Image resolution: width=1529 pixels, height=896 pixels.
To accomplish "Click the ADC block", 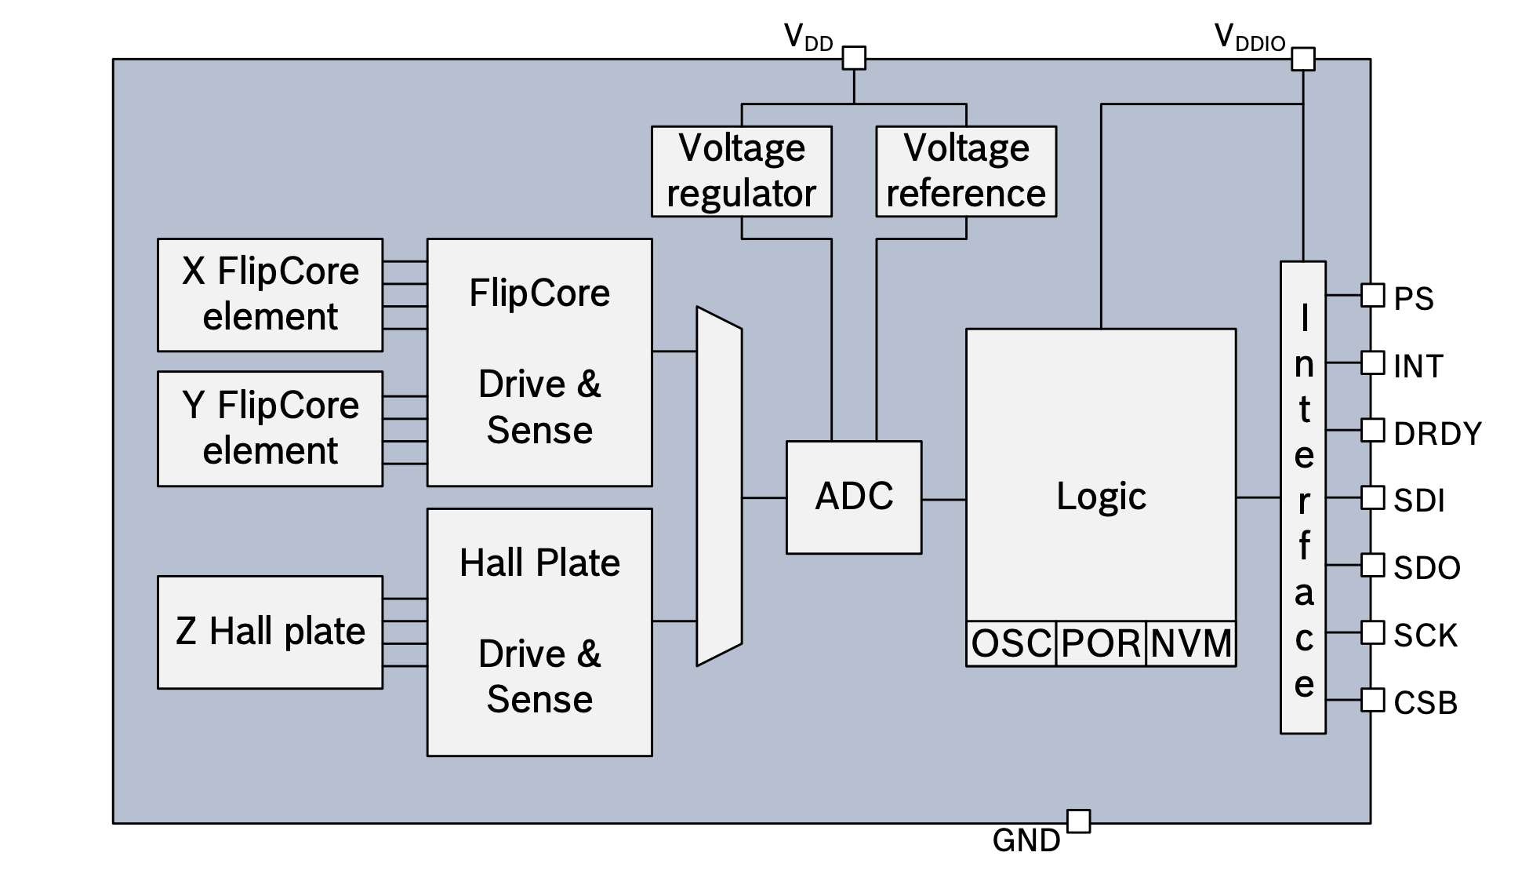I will click(854, 497).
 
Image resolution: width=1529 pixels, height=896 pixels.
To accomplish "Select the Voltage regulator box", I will click(742, 171).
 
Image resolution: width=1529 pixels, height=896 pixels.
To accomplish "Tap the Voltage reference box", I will click(966, 171).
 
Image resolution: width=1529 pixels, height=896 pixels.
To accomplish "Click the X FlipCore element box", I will click(271, 294).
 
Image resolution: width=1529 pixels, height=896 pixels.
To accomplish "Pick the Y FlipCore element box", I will click(271, 428).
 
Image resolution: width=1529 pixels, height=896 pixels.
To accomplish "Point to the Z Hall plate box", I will click(271, 632).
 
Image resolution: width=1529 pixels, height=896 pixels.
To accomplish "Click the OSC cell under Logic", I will click(1011, 644).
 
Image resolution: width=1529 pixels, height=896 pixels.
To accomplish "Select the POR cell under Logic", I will click(1101, 644).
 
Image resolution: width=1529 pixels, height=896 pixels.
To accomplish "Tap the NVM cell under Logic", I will click(1191, 644).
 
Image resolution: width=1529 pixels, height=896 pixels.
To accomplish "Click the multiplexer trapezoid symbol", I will click(719, 486).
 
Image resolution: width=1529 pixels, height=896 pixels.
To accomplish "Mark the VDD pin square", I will click(854, 58).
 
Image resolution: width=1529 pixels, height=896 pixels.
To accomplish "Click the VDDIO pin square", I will click(1303, 59).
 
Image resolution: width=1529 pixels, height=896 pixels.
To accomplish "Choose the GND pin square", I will click(1079, 821).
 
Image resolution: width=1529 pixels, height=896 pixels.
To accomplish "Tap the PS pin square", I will click(1373, 295).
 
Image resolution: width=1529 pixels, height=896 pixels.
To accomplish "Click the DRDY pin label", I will click(1437, 434).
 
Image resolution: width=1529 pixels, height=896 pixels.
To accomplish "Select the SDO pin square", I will click(1373, 565).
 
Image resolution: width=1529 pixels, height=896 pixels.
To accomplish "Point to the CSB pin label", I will click(1425, 703).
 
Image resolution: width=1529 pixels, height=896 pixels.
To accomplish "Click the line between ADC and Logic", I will click(944, 499).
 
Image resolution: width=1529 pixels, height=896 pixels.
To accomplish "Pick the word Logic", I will click(1101, 497).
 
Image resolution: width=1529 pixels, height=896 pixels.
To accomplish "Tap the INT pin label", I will click(1418, 366).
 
